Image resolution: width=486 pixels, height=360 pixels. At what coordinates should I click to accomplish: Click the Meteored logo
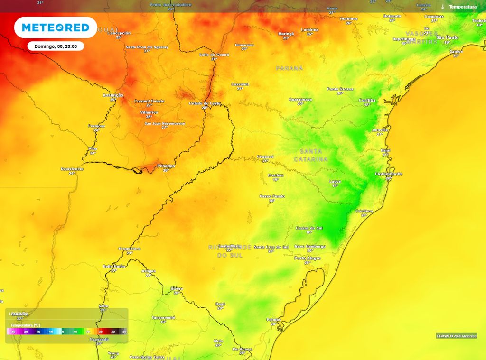coord(56,28)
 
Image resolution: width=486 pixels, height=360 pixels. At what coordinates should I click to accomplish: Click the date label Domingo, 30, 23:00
coord(56,46)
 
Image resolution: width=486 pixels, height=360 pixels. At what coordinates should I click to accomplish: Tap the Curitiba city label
coord(367,100)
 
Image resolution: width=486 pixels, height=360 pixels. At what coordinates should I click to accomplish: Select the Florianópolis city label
coord(389,174)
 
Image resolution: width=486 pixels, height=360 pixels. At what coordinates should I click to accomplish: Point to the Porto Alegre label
coord(307,258)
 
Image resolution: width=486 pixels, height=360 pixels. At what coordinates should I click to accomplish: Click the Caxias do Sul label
coord(309,228)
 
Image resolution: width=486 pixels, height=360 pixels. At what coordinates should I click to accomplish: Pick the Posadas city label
coord(166,166)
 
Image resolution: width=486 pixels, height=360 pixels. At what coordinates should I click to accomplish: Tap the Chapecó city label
coord(265,157)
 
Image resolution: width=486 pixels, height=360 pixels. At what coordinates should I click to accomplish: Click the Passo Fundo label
coord(272,196)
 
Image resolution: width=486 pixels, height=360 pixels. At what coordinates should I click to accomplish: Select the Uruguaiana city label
coord(130,249)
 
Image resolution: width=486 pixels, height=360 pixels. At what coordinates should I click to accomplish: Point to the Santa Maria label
coord(229,246)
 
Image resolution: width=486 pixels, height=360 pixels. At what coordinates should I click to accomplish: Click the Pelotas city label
coord(273,320)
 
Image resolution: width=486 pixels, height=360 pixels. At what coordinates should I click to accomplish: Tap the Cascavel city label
coord(240,84)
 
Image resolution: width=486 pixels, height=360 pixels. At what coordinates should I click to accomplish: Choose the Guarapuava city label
coord(300,99)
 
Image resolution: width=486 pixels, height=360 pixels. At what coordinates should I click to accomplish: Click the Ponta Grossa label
coord(340,89)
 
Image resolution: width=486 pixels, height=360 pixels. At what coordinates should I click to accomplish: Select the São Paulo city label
coord(447,37)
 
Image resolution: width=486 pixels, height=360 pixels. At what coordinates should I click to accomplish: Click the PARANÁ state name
coord(289,68)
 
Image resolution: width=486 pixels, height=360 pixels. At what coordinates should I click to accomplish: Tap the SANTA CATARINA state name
coord(311,155)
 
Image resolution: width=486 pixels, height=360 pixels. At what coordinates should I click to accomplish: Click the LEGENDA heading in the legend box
coord(19,314)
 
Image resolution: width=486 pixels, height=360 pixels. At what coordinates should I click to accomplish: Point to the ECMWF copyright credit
coord(456,336)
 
